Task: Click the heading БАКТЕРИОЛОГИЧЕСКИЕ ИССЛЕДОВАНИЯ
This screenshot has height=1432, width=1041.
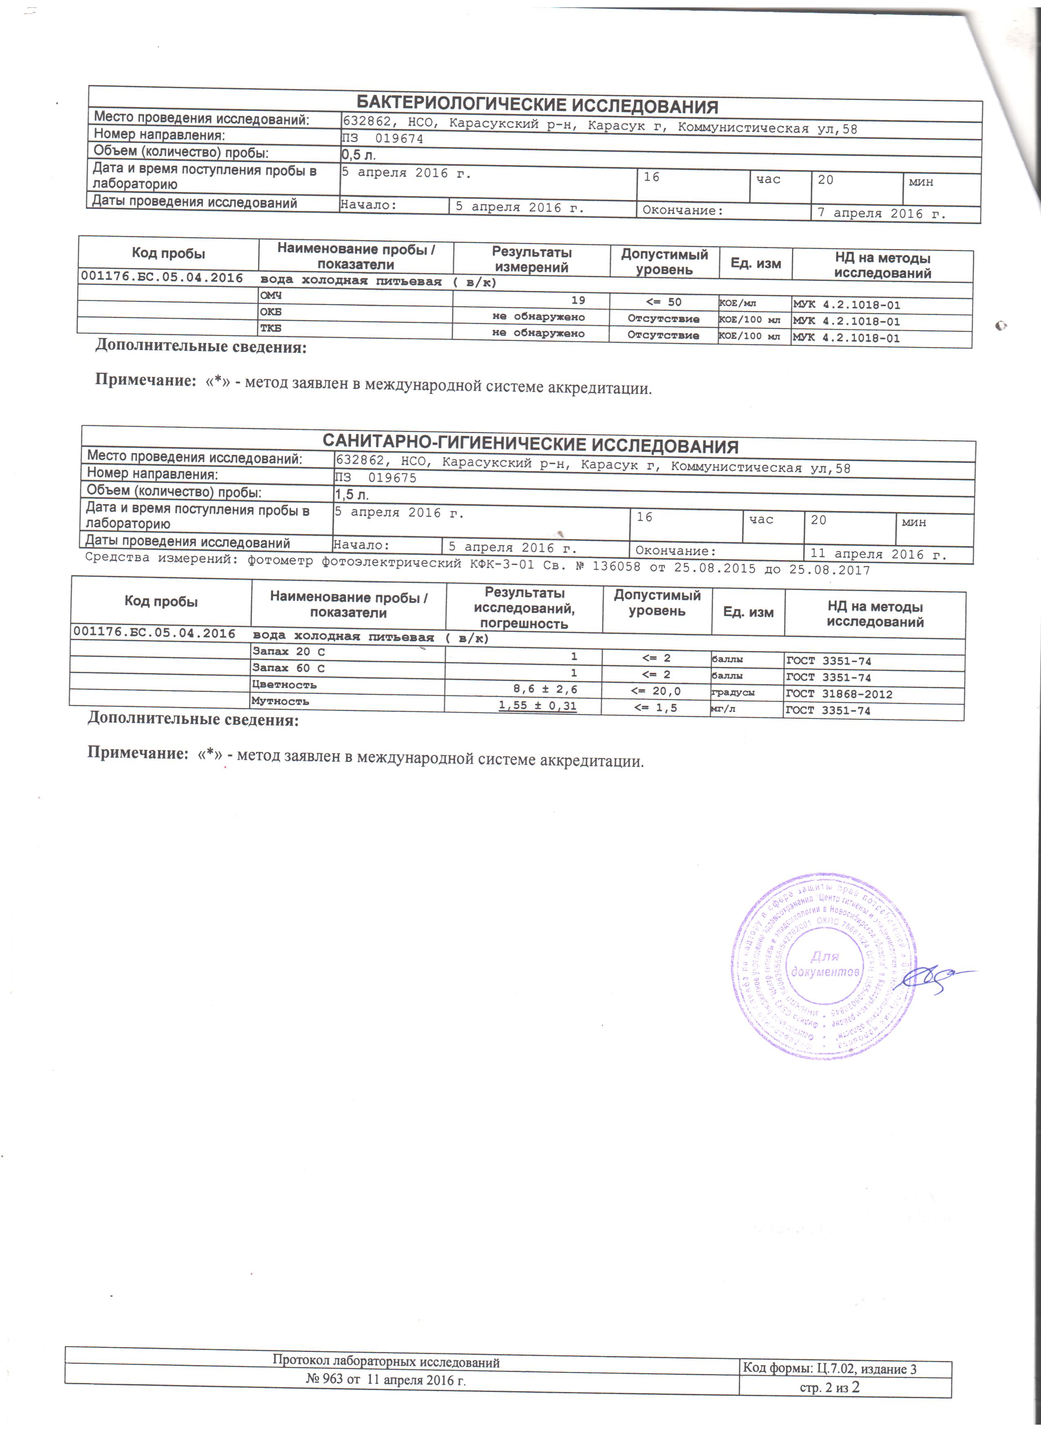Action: point(537,105)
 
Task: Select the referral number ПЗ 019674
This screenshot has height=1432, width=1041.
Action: point(383,139)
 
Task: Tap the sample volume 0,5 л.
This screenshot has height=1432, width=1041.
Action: point(358,155)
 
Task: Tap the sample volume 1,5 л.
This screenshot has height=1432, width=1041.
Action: point(351,494)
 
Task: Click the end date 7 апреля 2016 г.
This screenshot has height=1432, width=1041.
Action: point(882,213)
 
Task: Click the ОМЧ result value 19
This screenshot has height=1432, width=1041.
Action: point(578,300)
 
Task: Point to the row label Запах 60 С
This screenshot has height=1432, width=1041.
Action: point(289,668)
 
